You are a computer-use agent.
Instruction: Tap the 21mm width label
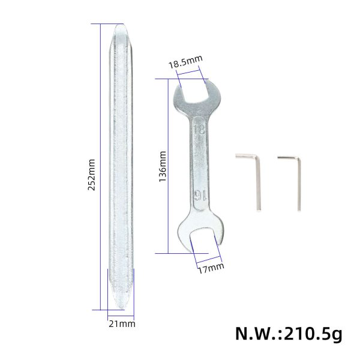coord(122,324)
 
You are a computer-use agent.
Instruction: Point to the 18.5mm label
coord(185,60)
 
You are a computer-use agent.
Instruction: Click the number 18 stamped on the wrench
coord(199,129)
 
